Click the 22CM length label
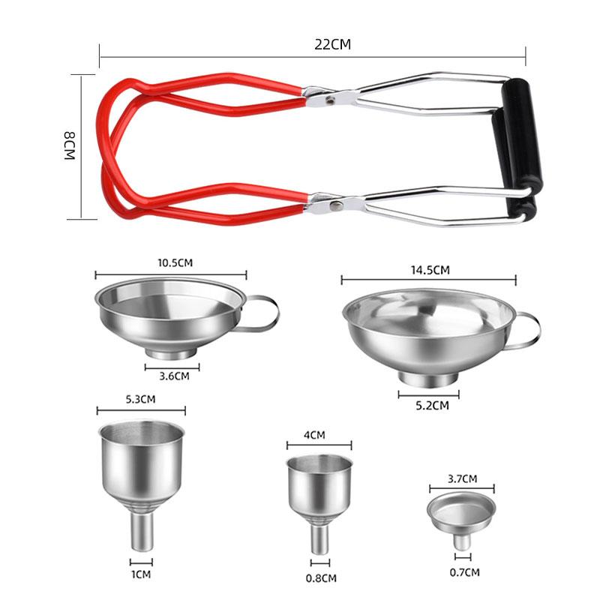tap(332, 44)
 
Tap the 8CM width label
tap(69, 145)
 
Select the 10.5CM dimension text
tap(175, 263)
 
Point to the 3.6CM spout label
tap(174, 376)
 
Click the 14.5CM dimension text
tap(430, 270)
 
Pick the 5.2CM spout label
tap(432, 406)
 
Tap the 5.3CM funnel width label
tap(140, 400)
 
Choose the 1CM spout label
tap(141, 574)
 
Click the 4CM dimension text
tap(314, 435)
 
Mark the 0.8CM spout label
tap(321, 578)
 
